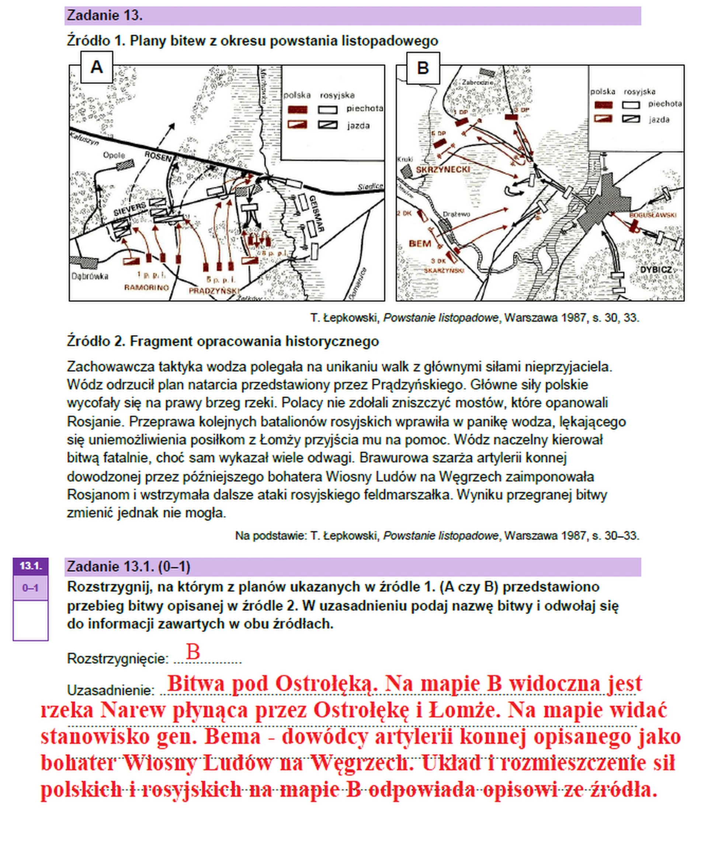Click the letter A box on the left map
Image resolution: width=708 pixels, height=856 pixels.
point(97,67)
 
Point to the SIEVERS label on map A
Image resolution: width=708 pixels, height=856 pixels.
point(129,209)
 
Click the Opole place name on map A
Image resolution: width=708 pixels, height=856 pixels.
point(114,155)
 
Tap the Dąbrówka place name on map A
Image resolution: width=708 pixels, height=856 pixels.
point(90,276)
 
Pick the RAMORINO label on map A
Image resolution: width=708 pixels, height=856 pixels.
point(146,288)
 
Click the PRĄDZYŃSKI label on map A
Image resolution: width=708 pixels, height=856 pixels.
point(214,290)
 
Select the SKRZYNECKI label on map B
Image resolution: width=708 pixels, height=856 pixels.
point(442,169)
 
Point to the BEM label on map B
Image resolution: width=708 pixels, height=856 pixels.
point(420,244)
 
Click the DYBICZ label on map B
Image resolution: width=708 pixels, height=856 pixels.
point(656,270)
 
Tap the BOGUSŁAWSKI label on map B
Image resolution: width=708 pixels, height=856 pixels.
point(653,215)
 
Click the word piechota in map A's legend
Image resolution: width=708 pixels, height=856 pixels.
point(365,108)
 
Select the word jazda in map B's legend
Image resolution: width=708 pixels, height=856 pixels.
point(659,119)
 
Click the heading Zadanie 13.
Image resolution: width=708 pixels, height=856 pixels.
point(105,15)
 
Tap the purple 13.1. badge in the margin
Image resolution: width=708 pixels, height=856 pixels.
point(31,566)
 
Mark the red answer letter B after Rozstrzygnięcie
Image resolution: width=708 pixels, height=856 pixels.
point(193,652)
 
